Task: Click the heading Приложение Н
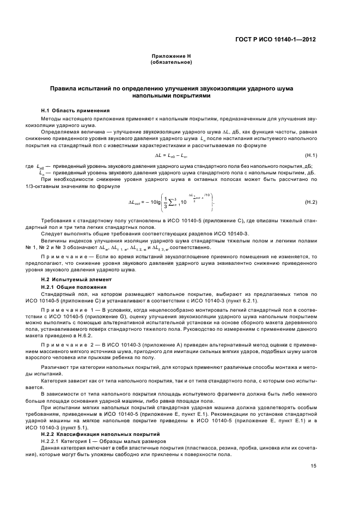(170, 57)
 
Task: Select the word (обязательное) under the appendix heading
(170, 62)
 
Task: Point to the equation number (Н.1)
(311, 155)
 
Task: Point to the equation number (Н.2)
(311, 202)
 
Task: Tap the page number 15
(313, 466)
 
